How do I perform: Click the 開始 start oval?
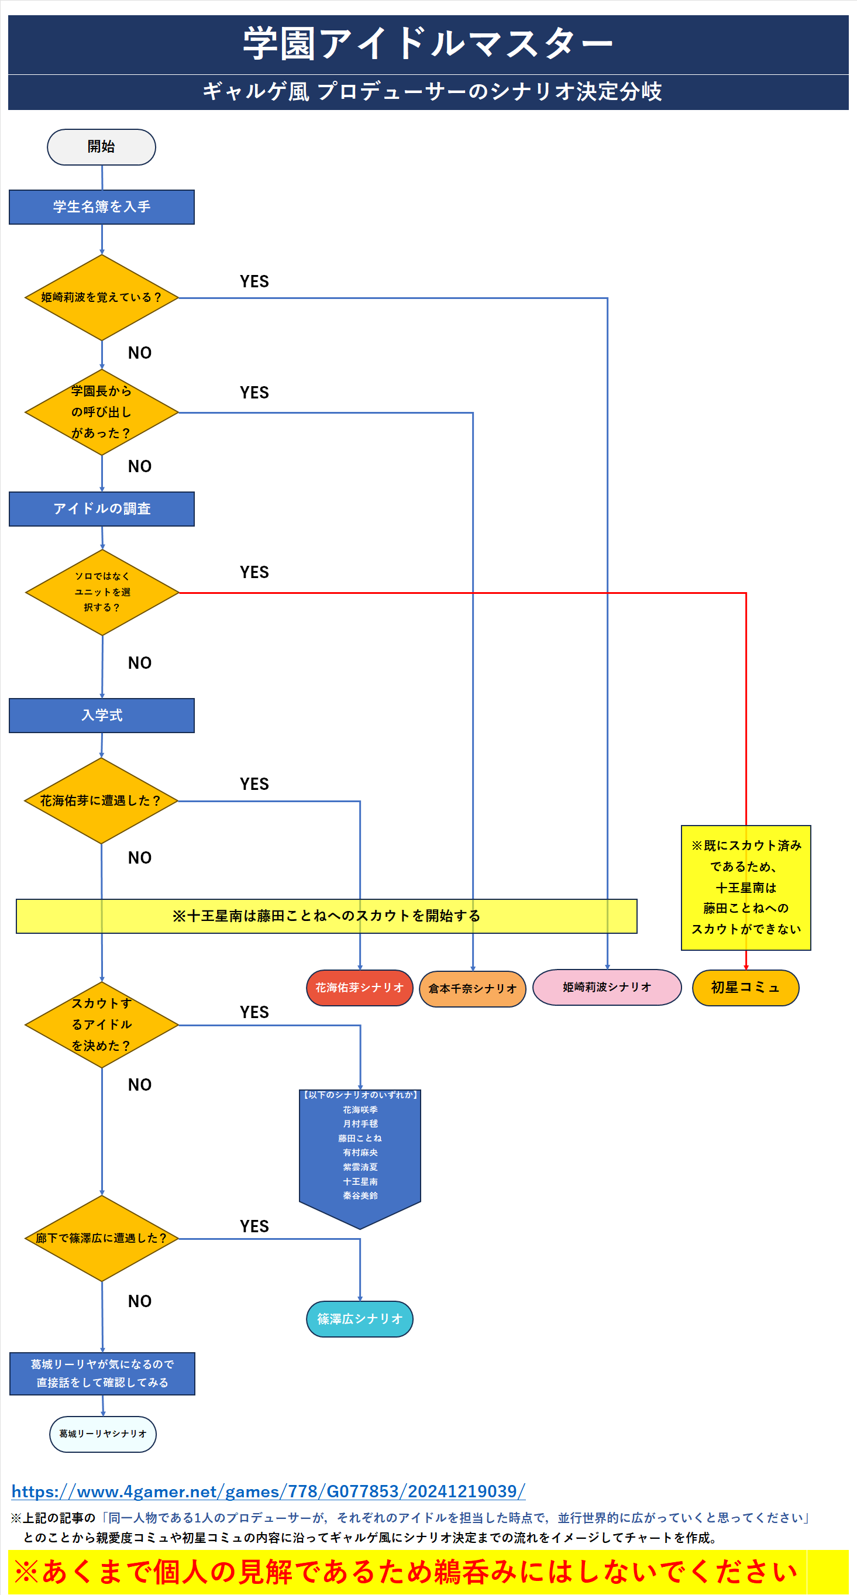coord(102,147)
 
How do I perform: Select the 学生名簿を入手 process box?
coord(102,207)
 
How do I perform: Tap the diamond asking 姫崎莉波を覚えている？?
coord(102,298)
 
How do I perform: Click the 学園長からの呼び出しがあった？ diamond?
coord(102,412)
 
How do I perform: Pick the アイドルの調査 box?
coord(102,509)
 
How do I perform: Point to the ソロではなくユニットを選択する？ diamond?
coord(102,593)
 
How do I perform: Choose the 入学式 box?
coord(102,716)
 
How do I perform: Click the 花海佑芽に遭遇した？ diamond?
coord(101,801)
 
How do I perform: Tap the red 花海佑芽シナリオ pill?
coord(360,988)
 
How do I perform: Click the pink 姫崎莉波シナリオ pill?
coord(607,988)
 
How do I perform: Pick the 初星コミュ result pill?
coord(745,988)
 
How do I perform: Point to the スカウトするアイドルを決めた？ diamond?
coord(102,1025)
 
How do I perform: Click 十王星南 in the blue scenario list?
coord(360,1182)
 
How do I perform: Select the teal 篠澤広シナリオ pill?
coord(360,1319)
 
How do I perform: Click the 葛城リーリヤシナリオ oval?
coord(103,1435)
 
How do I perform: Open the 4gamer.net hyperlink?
coord(268,1491)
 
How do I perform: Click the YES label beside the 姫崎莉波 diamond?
coord(254,281)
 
